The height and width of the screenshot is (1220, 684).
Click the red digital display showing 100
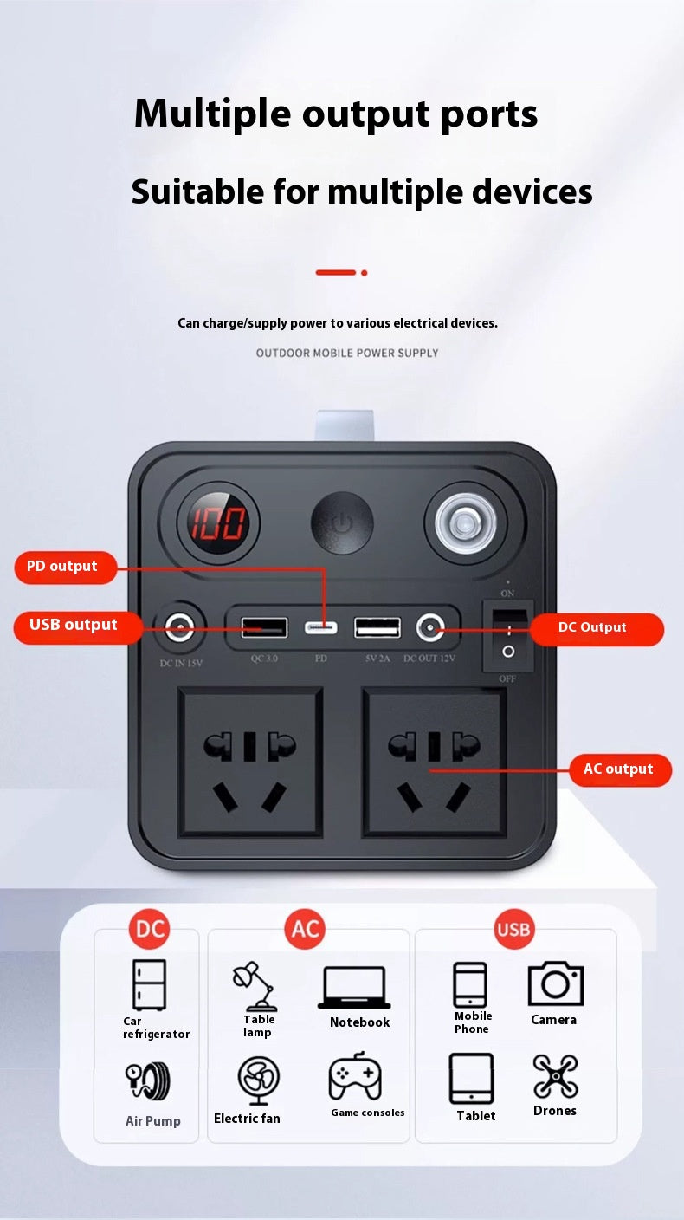(x=217, y=522)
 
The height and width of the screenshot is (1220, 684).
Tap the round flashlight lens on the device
(x=465, y=523)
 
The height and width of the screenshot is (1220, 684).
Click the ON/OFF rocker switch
(x=508, y=636)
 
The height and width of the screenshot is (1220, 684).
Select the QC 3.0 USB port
(x=264, y=627)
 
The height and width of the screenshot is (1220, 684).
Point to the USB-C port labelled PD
(x=321, y=628)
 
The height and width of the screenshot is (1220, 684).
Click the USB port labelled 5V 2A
(x=377, y=627)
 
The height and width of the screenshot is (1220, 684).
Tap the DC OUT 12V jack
(x=429, y=628)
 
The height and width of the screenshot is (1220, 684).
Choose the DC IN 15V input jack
(x=179, y=628)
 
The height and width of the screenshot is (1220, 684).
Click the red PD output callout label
(x=65, y=567)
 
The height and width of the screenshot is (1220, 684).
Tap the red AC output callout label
(x=620, y=769)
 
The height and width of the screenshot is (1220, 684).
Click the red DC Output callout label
(x=597, y=628)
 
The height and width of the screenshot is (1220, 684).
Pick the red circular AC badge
(x=305, y=929)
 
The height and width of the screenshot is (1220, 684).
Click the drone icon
(x=556, y=1076)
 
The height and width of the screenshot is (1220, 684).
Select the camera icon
(x=556, y=983)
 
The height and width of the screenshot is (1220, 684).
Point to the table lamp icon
(x=255, y=985)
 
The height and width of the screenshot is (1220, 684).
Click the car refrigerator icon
(x=149, y=984)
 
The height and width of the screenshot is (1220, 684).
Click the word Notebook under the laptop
(x=359, y=1022)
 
